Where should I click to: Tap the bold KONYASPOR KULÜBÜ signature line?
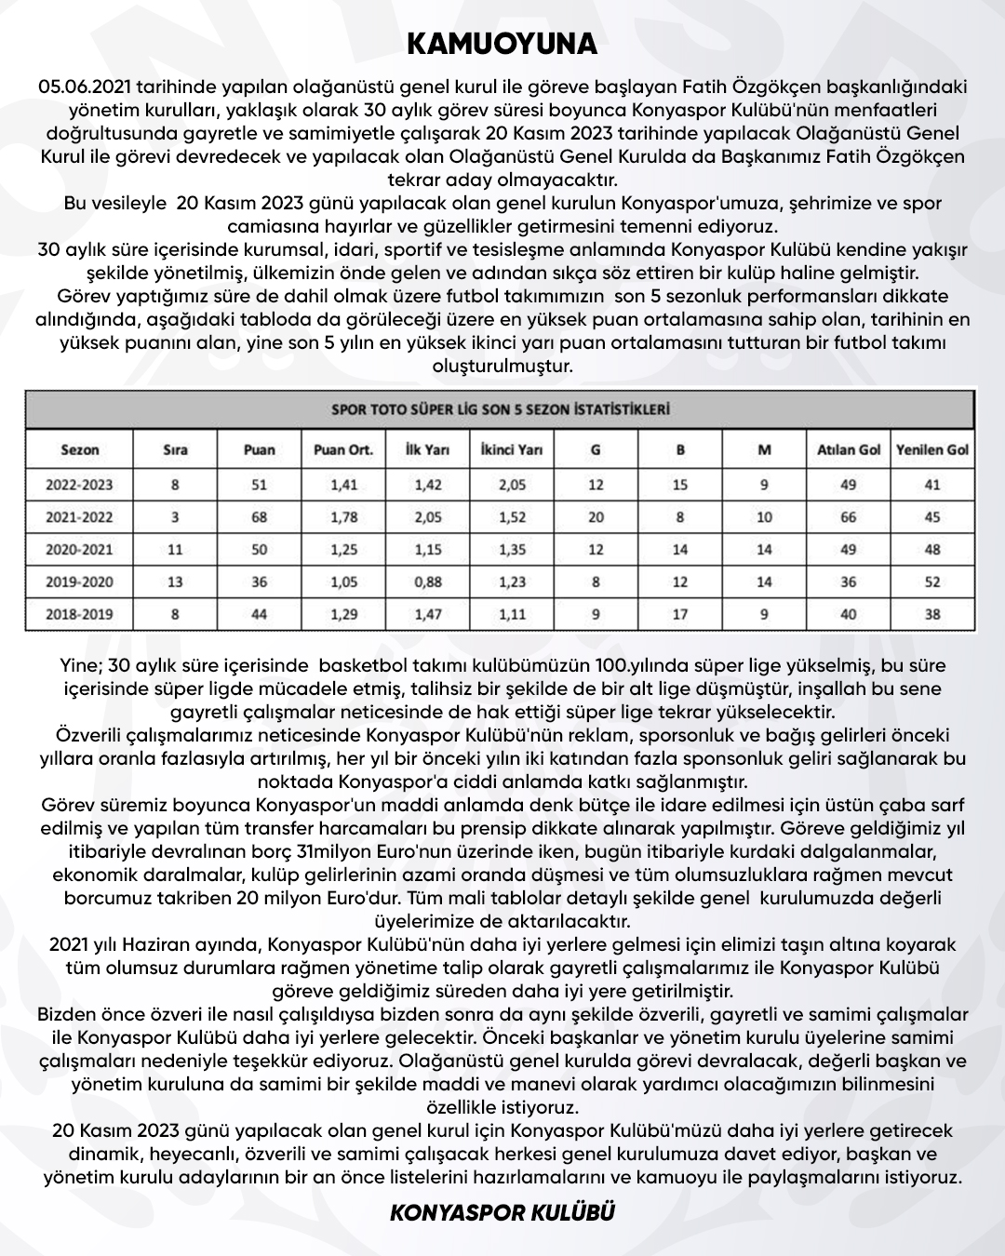pyautogui.click(x=502, y=1213)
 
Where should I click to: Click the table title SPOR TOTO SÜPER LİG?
pyautogui.click(x=502, y=408)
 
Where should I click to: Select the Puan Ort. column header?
pyautogui.click(x=343, y=449)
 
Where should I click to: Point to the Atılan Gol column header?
pyautogui.click(x=849, y=449)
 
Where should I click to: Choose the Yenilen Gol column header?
pyautogui.click(x=932, y=449)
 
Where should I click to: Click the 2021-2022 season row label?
pyautogui.click(x=80, y=517)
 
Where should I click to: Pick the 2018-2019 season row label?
pyautogui.click(x=80, y=614)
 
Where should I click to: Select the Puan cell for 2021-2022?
pyautogui.click(x=259, y=517)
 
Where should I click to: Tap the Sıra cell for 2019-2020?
pyautogui.click(x=175, y=581)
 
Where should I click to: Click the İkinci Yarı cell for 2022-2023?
pyautogui.click(x=513, y=485)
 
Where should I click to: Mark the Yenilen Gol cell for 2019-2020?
pyautogui.click(x=932, y=581)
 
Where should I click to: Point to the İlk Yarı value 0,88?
pyautogui.click(x=428, y=581)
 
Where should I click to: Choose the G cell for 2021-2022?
pyautogui.click(x=596, y=517)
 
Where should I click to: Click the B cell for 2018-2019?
pyautogui.click(x=680, y=614)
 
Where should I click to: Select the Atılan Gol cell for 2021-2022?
pyautogui.click(x=849, y=517)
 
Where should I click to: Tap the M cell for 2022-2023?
pyautogui.click(x=764, y=485)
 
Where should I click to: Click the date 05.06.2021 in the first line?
pyautogui.click(x=85, y=87)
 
